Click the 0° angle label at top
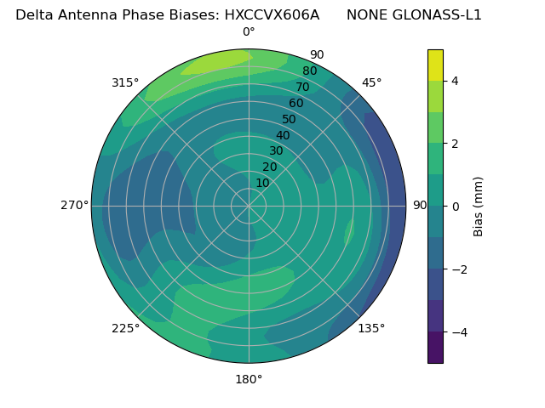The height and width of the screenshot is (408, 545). pyautogui.click(x=249, y=32)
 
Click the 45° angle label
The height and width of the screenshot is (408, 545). pyautogui.click(x=371, y=82)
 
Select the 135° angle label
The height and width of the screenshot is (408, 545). pyautogui.click(x=371, y=328)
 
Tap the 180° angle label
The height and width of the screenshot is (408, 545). pyautogui.click(x=249, y=379)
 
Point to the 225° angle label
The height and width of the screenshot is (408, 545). pyautogui.click(x=125, y=328)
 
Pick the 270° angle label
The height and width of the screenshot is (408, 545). pyautogui.click(x=74, y=206)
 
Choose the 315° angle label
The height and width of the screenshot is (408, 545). pyautogui.click(x=125, y=82)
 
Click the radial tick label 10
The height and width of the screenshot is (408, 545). pyautogui.click(x=262, y=183)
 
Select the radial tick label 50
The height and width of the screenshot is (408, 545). pyautogui.click(x=289, y=120)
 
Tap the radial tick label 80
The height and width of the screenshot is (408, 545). pyautogui.click(x=309, y=71)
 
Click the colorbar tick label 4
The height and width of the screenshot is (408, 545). pyautogui.click(x=456, y=81)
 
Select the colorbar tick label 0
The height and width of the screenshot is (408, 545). pyautogui.click(x=456, y=207)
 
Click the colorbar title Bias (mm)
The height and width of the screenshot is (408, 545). pyautogui.click(x=479, y=207)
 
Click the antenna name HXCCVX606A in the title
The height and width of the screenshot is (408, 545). pyautogui.click(x=272, y=14)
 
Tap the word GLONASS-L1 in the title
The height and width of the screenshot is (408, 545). pyautogui.click(x=439, y=14)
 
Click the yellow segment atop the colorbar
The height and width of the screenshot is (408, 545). pyautogui.click(x=435, y=65)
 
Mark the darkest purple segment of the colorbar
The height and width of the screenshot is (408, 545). pyautogui.click(x=435, y=348)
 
